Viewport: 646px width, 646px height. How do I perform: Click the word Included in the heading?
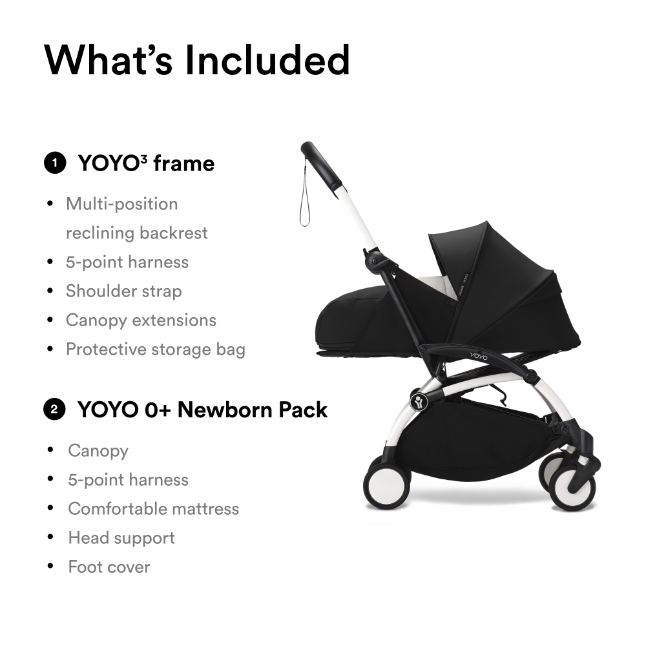pos(268,60)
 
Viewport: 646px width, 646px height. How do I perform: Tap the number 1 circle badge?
pos(55,163)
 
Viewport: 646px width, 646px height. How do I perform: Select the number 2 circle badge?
pos(54,410)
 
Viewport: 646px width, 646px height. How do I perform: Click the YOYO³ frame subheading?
pos(146,163)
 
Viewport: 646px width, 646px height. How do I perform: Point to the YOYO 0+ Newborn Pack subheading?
pos(202,410)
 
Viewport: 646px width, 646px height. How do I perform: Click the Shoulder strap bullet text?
pos(123,291)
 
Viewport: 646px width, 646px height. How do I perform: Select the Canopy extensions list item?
pos(141,320)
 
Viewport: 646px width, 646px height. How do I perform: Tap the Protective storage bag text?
pos(156,349)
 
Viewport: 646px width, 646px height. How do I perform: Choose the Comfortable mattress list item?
pos(153,509)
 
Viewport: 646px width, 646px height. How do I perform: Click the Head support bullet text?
pos(121,538)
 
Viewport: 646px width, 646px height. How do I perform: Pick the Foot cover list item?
pos(109,567)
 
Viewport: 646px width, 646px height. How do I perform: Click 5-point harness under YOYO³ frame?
pos(127,262)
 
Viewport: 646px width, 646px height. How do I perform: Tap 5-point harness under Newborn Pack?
pos(128,480)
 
